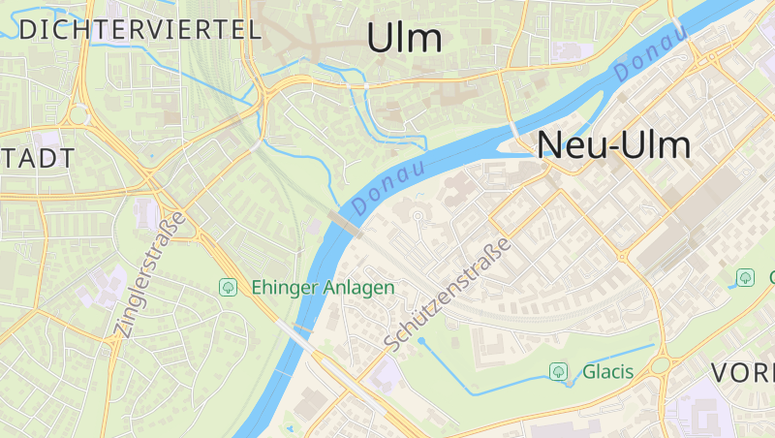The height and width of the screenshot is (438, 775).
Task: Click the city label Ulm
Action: [405, 39]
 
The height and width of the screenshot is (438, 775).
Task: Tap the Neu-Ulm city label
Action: [614, 145]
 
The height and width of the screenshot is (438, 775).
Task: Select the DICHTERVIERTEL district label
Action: [140, 29]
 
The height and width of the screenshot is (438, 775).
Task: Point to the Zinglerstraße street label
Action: [149, 275]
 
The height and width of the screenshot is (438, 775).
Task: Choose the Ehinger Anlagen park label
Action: [323, 287]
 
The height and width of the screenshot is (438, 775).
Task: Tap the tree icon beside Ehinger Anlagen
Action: [229, 287]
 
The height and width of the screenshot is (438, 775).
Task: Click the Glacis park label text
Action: [607, 371]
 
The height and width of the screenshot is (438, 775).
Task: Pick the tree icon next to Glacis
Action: [558, 371]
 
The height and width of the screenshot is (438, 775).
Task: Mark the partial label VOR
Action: [743, 373]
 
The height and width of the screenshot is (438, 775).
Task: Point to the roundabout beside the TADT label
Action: [78, 115]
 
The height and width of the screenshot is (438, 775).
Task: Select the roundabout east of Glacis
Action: [661, 365]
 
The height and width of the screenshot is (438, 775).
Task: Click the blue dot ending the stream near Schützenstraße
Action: [420, 341]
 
